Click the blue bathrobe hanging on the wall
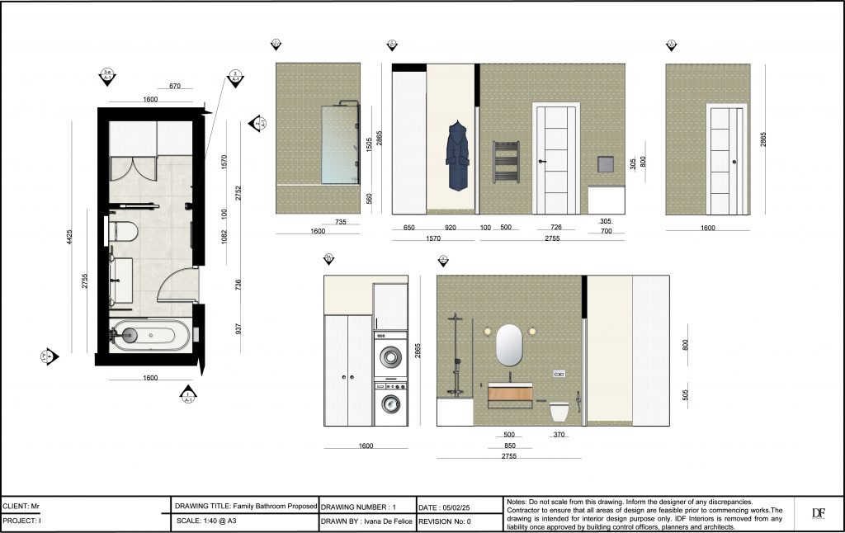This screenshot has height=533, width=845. point(455,156)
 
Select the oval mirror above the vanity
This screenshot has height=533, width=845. point(510,345)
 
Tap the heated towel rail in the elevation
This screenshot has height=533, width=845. point(505,161)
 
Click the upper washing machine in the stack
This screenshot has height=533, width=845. point(390,355)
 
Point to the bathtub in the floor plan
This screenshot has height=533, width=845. point(150,335)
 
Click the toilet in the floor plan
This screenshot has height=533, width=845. point(124,231)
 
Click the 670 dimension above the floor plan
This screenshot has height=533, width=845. point(174,86)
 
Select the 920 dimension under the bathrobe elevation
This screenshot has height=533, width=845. point(450,228)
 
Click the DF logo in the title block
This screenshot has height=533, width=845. point(818,513)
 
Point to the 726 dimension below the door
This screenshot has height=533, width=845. point(555,228)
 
